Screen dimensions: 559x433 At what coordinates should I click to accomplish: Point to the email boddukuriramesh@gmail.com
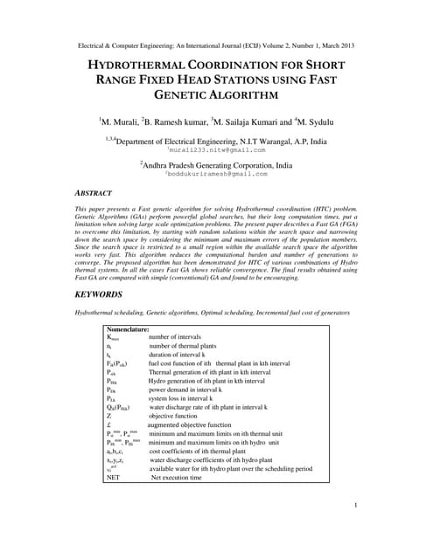216,173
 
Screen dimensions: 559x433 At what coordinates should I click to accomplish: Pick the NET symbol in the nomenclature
114,478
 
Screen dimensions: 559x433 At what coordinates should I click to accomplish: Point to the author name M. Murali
119,121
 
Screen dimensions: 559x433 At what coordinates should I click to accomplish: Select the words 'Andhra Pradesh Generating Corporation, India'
218,162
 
